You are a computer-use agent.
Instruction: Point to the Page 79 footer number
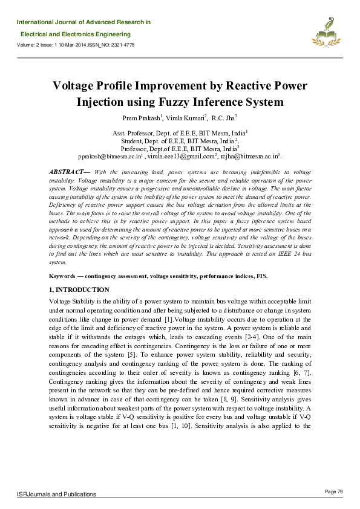(x=333, y=491)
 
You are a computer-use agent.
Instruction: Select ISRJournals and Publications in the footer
(x=56, y=494)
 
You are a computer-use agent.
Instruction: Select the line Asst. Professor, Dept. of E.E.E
(x=180, y=132)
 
